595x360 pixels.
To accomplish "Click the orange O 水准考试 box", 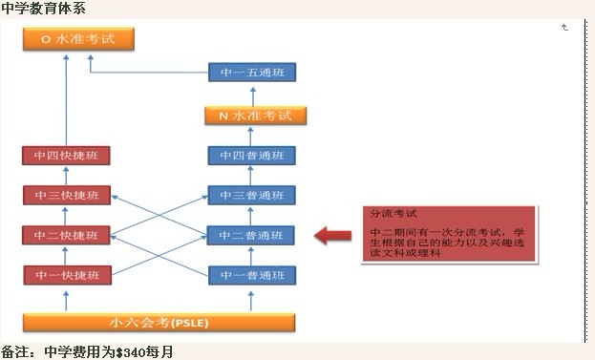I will click(78, 39).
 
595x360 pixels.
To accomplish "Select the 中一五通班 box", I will click(253, 73).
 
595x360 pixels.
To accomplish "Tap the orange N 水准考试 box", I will click(254, 116).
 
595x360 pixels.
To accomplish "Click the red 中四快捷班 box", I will click(66, 157).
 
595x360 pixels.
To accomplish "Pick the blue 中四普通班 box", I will click(252, 157).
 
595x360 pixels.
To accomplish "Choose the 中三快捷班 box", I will click(66, 197).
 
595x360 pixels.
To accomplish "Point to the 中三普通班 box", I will click(252, 197).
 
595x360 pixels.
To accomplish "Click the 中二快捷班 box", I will click(66, 236).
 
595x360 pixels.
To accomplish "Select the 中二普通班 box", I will click(252, 236).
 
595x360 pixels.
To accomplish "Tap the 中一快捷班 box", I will click(66, 275).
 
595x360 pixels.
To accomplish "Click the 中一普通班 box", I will click(252, 275).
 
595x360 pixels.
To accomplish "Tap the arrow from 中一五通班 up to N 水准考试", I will click(253, 95).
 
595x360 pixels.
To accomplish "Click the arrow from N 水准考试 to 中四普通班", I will click(253, 136).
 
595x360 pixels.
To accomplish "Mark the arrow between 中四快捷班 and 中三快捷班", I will click(66, 177).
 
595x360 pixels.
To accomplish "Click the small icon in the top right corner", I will click(564, 29).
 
